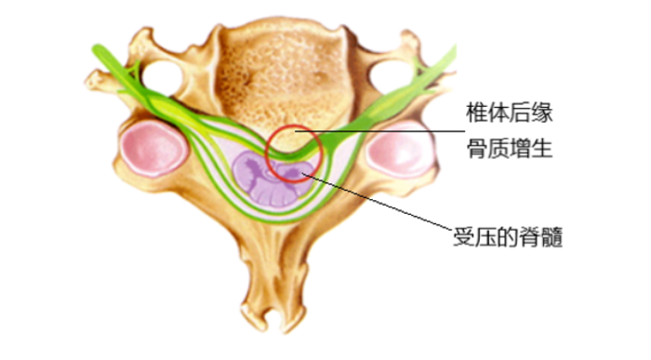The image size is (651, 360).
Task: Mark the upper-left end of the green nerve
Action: [x=97, y=45]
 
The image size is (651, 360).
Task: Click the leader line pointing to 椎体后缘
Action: [x=391, y=132]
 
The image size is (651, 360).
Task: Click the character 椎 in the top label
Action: [x=476, y=114]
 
